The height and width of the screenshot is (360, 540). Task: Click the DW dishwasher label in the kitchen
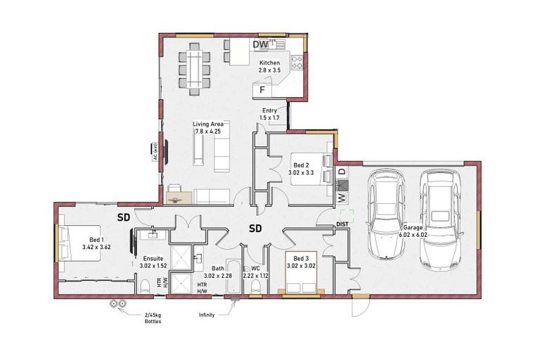(261, 45)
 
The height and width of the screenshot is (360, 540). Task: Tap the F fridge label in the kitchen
(262, 90)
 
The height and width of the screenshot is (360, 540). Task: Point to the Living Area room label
(208, 127)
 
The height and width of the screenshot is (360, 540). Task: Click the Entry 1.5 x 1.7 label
(270, 114)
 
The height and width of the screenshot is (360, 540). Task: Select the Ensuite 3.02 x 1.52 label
(153, 262)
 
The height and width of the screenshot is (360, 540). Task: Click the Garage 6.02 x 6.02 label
(413, 231)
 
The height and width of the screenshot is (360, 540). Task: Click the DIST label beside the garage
(342, 224)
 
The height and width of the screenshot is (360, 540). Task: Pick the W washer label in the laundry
(342, 198)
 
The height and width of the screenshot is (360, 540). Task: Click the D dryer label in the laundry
(342, 172)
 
